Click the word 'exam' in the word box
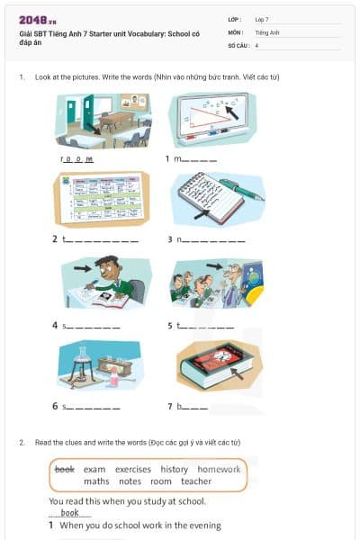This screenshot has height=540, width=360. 94,469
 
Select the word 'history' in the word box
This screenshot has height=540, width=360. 175,469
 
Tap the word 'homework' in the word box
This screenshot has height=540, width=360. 219,469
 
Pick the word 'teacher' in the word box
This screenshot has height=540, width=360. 195,481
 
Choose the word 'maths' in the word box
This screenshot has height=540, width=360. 96,481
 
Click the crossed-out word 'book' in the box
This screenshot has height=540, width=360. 64,469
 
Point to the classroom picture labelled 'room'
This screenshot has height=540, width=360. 102,121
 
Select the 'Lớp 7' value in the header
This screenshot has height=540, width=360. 262,19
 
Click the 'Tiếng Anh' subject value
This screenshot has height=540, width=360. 267,31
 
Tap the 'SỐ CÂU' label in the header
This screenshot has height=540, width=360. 238,44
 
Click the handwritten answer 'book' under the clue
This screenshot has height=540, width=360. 69,513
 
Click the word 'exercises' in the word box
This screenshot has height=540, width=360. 133,469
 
